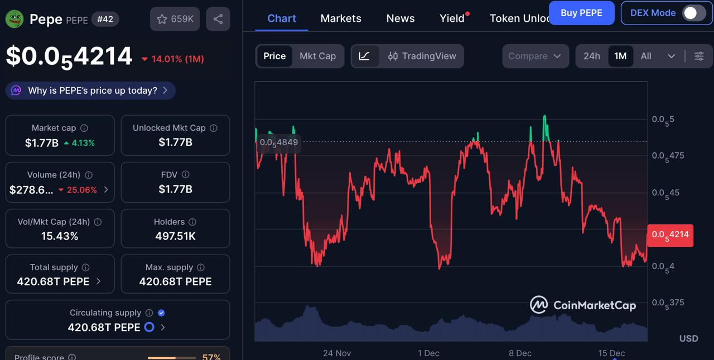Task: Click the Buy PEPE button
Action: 581,13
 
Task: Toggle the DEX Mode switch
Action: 693,13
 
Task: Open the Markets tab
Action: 341,18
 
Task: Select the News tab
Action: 401,18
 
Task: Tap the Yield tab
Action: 452,18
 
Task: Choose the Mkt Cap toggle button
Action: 317,56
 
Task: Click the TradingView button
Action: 422,56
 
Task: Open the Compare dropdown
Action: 534,56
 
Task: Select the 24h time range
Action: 592,56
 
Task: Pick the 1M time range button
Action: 620,56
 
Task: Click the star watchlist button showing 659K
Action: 175,19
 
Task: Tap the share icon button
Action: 218,19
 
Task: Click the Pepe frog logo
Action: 15,19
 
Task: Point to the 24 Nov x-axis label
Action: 337,353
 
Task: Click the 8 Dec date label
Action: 520,353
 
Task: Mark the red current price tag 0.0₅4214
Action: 670,234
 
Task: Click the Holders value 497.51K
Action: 175,236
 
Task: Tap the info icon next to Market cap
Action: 84,128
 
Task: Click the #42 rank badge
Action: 105,19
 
